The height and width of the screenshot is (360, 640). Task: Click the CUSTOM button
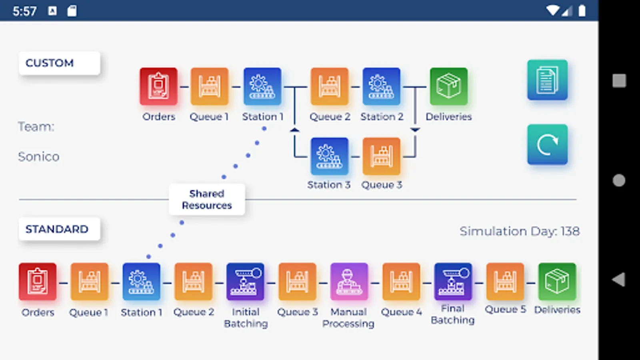pyautogui.click(x=59, y=63)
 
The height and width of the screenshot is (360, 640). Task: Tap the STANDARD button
pyautogui.click(x=59, y=229)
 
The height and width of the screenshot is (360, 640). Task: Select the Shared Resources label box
pyautogui.click(x=207, y=200)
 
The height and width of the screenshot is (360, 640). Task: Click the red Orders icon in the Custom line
pyautogui.click(x=158, y=86)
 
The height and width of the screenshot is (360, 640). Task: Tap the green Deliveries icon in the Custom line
pyautogui.click(x=448, y=86)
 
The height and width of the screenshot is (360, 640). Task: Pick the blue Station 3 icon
pyautogui.click(x=330, y=156)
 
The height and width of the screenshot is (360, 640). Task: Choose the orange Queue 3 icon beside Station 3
pyautogui.click(x=381, y=156)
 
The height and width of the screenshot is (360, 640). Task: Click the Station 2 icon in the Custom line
pyautogui.click(x=381, y=86)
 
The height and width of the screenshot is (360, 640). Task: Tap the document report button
pyautogui.click(x=547, y=80)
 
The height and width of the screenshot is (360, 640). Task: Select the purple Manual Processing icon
pyautogui.click(x=349, y=282)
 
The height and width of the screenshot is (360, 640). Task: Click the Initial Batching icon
pyautogui.click(x=245, y=282)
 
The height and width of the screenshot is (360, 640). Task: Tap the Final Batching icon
pyautogui.click(x=453, y=282)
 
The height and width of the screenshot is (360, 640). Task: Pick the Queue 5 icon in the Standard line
pyautogui.click(x=505, y=282)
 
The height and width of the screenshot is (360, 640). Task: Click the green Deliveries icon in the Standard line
pyautogui.click(x=557, y=282)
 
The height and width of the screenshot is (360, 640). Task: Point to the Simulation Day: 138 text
pyautogui.click(x=519, y=231)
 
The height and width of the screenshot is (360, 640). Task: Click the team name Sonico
pyautogui.click(x=39, y=156)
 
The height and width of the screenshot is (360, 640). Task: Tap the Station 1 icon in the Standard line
pyautogui.click(x=141, y=282)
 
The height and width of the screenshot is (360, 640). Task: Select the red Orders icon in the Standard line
pyautogui.click(x=38, y=282)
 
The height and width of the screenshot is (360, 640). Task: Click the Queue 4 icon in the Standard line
pyautogui.click(x=401, y=282)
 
